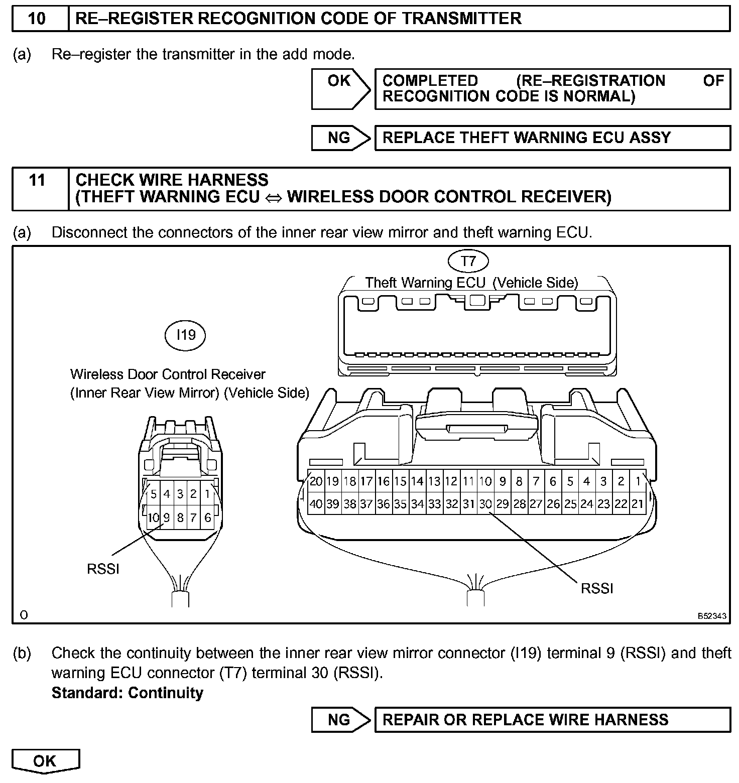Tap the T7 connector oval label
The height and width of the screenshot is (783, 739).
point(468,260)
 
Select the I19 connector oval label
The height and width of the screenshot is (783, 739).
point(185,334)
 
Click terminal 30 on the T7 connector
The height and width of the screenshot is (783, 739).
point(485,503)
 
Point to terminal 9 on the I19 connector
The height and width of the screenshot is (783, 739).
point(167,517)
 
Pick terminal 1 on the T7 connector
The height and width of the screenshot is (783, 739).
point(638,481)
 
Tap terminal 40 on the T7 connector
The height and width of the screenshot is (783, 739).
point(316,503)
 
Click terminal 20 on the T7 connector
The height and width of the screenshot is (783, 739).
point(316,481)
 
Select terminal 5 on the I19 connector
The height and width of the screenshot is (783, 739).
point(154,494)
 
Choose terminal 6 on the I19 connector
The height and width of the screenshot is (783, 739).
point(207,517)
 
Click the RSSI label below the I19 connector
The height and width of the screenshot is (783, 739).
point(103,569)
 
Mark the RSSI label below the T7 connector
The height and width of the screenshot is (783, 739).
point(597,588)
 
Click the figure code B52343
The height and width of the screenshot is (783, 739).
point(711,616)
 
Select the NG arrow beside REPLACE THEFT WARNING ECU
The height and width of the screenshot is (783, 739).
point(340,138)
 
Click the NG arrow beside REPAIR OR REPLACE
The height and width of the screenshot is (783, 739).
point(340,720)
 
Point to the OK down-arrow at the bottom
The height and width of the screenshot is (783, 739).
point(45,761)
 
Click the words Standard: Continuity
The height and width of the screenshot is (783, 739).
point(128,693)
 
